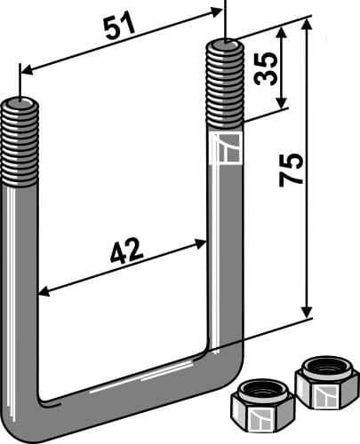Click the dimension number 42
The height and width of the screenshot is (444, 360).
tap(127, 256)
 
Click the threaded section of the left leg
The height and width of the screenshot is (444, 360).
tap(20, 142)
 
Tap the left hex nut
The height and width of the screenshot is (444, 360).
tap(262, 407)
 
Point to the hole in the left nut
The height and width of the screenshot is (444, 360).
tap(262, 392)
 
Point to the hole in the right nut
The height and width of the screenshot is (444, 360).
tap(326, 365)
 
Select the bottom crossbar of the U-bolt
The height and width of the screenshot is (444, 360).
tap(124, 391)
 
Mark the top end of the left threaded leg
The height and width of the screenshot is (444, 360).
tap(20, 103)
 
